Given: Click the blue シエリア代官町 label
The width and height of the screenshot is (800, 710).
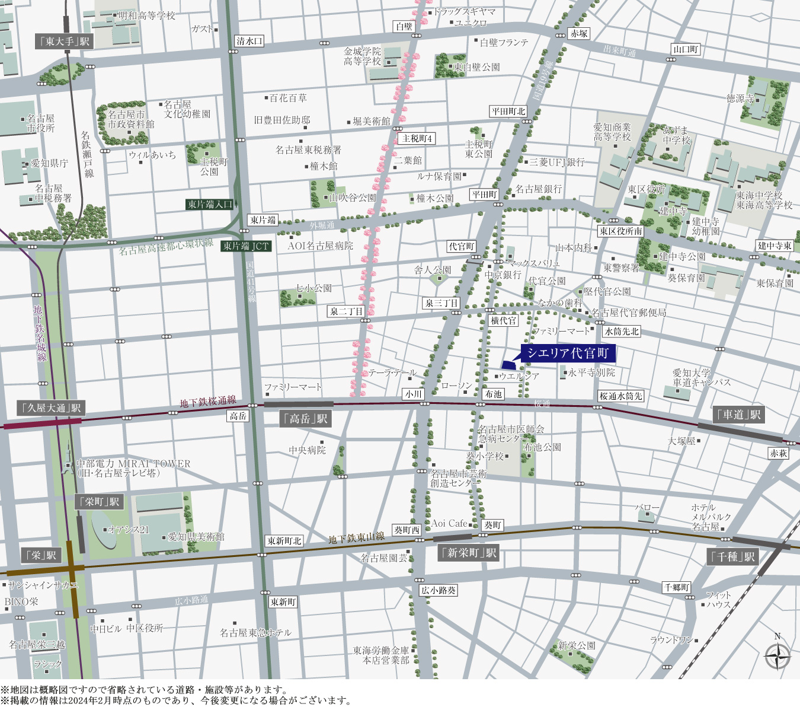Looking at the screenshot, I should coord(568,354).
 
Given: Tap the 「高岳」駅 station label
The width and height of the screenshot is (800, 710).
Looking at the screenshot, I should coord(305,419).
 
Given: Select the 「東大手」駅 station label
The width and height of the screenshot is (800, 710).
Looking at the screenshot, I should coord(64,41).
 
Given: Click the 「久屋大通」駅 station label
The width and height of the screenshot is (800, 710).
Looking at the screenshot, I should coord(51,408).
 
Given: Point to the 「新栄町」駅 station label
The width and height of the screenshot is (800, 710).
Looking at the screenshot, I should coord(469,553).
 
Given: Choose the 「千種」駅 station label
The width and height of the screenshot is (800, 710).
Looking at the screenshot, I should coord(733,556).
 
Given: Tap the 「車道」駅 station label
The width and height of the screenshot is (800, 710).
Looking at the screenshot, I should coord(739,415).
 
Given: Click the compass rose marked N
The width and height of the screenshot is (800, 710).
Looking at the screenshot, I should coord(777,656).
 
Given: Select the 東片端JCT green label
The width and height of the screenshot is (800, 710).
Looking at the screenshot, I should coord(246,246).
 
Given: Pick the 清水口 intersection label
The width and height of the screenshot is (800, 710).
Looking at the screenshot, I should coord(249,41).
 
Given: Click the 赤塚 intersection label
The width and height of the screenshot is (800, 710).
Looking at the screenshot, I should coord(579,34).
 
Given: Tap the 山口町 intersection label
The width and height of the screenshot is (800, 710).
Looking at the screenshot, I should coord(686,50).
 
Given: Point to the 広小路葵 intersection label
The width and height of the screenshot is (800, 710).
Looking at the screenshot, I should coord(439,590).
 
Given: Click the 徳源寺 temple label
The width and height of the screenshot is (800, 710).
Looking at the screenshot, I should coord(740,98).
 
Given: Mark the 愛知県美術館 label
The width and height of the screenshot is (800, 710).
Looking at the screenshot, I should coord(196,537).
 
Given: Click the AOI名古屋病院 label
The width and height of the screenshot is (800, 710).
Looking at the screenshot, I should coord(320,246).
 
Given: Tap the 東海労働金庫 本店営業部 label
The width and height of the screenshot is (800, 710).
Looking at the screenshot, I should coord(381,655).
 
